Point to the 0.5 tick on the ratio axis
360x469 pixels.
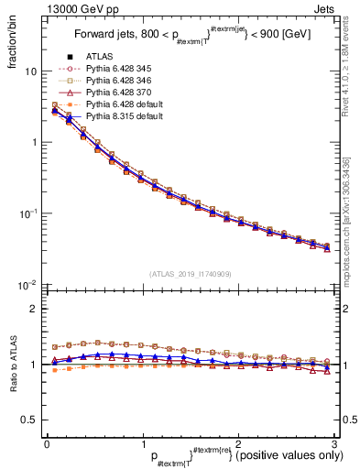pyautogui.click(x=30, y=420)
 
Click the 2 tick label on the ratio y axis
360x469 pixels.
pyautogui.click(x=35, y=309)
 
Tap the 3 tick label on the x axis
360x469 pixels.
pyautogui.click(x=334, y=444)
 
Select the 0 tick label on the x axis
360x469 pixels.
pyautogui.click(x=47, y=444)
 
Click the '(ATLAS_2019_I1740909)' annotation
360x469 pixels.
pyautogui.click(x=190, y=273)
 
